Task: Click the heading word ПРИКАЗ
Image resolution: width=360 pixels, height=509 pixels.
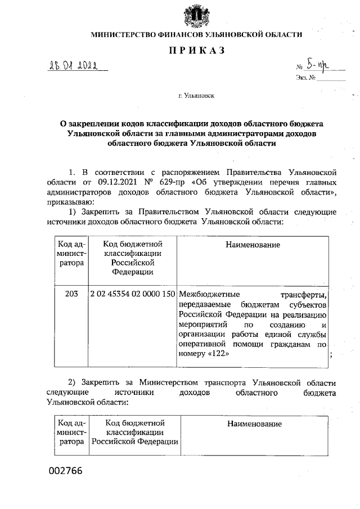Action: pyautogui.click(x=196, y=51)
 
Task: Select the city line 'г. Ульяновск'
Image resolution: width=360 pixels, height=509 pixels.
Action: pyautogui.click(x=196, y=96)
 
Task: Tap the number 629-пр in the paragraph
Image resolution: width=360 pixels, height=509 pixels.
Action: pyautogui.click(x=174, y=182)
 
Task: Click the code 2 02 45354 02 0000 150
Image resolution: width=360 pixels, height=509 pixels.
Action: pyautogui.click(x=133, y=294)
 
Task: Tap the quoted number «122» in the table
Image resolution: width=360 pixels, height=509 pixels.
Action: pyautogui.click(x=217, y=355)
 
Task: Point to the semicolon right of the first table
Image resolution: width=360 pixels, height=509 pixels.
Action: pyautogui.click(x=332, y=355)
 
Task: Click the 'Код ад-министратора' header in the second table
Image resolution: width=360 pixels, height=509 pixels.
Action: pyautogui.click(x=71, y=432)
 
